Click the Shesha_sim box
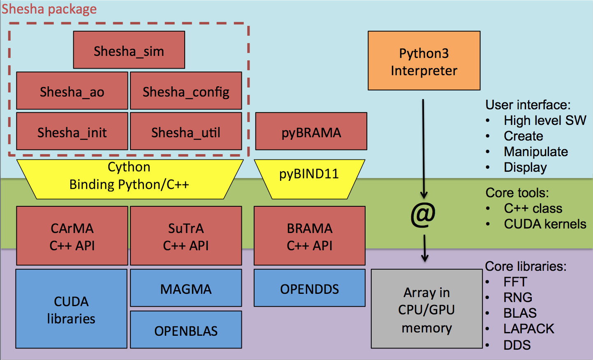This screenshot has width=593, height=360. click(x=129, y=50)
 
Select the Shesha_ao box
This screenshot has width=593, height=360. click(x=72, y=91)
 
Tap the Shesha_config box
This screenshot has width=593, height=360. click(x=186, y=91)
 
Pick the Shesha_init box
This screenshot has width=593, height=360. click(x=72, y=132)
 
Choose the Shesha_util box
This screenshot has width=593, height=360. click(x=186, y=132)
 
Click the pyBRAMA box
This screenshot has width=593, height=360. click(x=311, y=132)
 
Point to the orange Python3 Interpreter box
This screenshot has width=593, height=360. click(x=424, y=61)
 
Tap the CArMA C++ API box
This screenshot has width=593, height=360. click(x=72, y=236)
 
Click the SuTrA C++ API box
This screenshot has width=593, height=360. click(x=186, y=236)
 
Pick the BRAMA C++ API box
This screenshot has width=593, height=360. click(x=309, y=236)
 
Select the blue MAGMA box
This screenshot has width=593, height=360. click(x=186, y=288)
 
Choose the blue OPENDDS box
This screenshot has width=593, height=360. click(x=309, y=288)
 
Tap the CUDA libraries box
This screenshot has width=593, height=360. click(x=71, y=309)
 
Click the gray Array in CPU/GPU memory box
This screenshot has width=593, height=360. click(x=426, y=309)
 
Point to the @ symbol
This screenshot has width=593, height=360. click(x=423, y=215)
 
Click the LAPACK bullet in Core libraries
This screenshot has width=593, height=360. click(x=529, y=329)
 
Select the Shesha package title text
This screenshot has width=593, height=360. click(x=49, y=9)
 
